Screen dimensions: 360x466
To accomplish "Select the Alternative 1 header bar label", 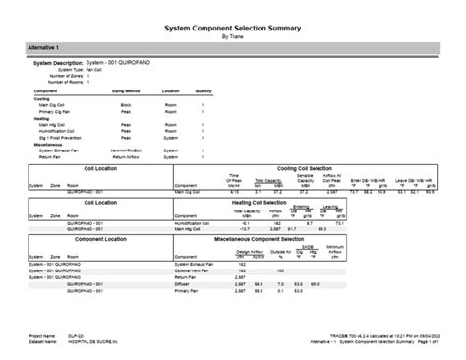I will [43, 47].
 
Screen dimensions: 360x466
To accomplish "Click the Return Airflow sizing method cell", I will [130, 156].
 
